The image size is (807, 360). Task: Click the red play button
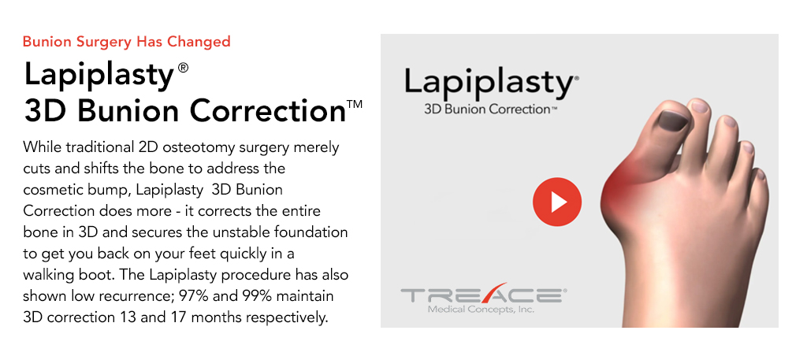[557, 202]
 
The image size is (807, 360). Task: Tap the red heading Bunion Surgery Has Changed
[126, 42]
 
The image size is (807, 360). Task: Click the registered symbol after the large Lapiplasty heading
[183, 69]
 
